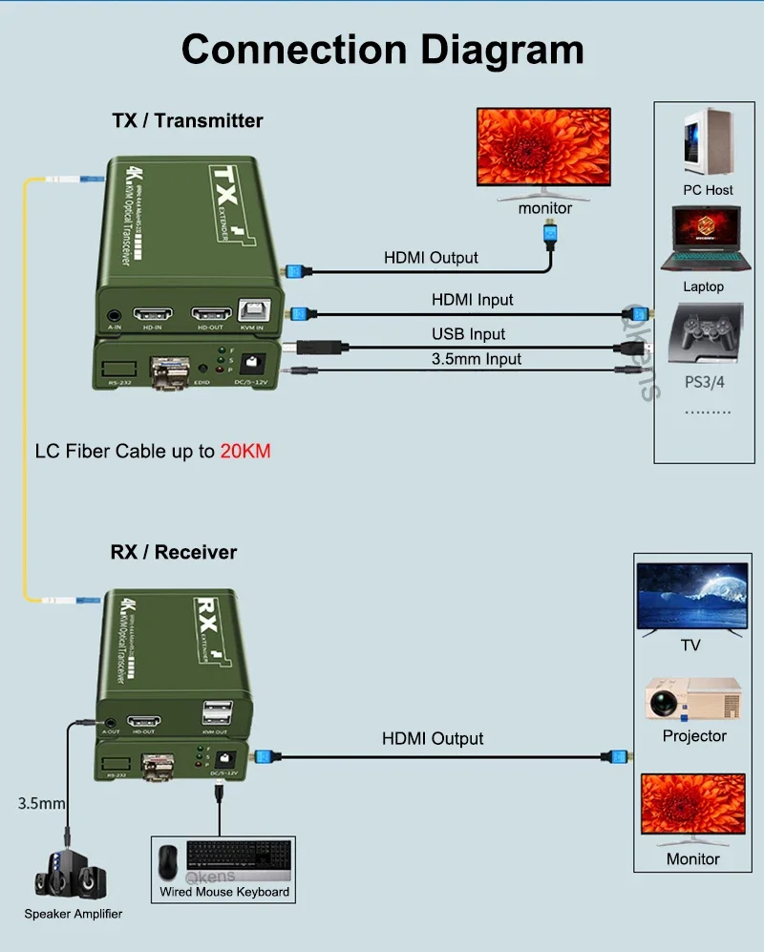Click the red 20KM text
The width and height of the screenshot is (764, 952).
tap(245, 451)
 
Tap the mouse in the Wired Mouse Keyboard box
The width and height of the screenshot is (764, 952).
tap(169, 860)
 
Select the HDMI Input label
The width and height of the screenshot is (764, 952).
tap(472, 300)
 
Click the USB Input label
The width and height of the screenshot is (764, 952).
tap(468, 334)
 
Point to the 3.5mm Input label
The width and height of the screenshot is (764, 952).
tap(477, 359)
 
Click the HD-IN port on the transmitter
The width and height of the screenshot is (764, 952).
tap(153, 314)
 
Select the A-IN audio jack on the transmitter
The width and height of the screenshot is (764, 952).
tap(115, 315)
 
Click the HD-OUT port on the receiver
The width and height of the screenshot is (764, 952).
tap(145, 721)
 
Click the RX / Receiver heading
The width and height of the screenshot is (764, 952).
tap(173, 552)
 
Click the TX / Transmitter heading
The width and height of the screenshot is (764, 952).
tap(187, 120)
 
